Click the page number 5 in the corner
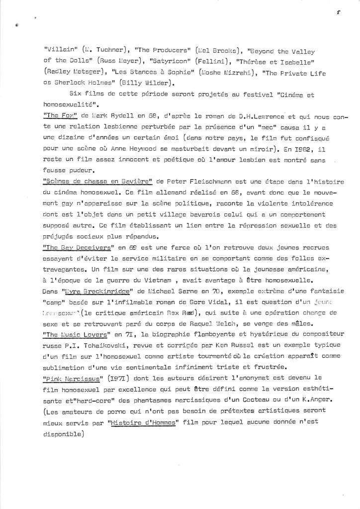click(338, 14)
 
